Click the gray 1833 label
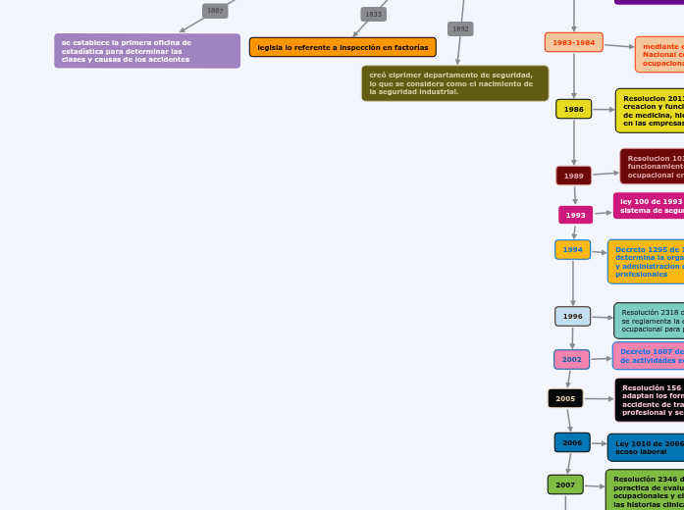coord(373,14)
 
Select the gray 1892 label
coord(460,29)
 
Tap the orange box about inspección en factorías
coord(342,47)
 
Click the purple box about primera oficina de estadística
coord(147,51)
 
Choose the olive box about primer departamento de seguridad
coord(454,83)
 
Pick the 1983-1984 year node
coord(574,42)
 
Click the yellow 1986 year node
coord(574,109)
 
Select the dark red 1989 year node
coord(574,176)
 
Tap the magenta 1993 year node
coord(575,215)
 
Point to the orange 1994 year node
coord(573,250)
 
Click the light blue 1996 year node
coord(573,316)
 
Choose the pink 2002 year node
coord(572,359)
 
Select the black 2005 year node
coord(565,398)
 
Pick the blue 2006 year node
coord(572,442)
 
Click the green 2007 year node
coord(565,484)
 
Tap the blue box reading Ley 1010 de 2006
coord(646,447)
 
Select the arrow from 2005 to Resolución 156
coord(599,399)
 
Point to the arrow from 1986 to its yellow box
coord(604,110)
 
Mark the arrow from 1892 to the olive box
coord(458,51)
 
